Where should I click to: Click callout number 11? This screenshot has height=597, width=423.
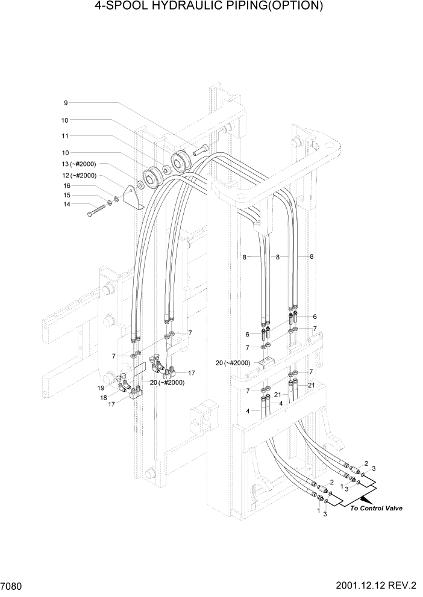tap(65, 136)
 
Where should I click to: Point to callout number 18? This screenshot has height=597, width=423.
tap(104, 397)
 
